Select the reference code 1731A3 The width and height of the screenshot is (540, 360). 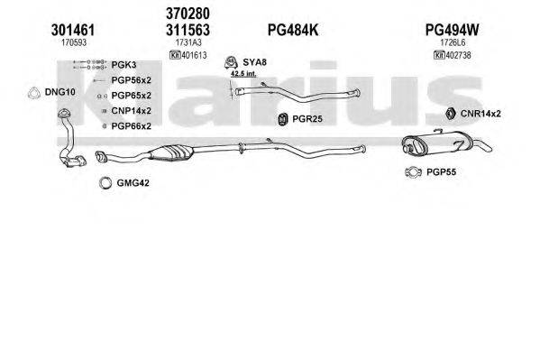click(188, 42)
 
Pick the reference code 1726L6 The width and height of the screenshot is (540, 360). click(452, 42)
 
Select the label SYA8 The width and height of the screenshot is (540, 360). click(255, 62)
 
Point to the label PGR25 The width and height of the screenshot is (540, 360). click(307, 118)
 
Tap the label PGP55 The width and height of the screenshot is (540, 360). click(441, 172)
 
